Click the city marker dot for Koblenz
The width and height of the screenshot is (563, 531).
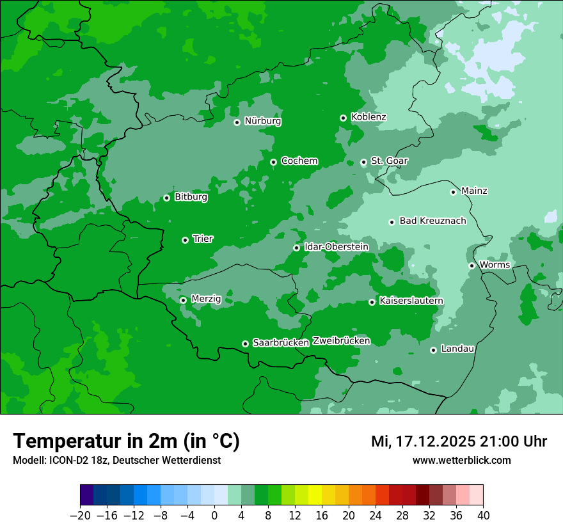[x=343, y=118]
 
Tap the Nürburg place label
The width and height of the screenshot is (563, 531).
[x=262, y=121]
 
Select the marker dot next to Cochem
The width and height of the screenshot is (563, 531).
[x=273, y=162]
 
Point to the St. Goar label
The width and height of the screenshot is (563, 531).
[x=389, y=161]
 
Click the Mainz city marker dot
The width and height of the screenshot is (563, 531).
[x=453, y=192]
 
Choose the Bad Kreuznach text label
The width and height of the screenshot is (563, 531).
[x=432, y=221]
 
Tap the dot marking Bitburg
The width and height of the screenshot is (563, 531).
[x=166, y=198]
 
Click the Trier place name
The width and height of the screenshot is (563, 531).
[x=203, y=239]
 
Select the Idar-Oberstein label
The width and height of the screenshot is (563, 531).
[x=337, y=246]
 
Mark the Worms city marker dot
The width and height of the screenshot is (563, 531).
[x=472, y=265]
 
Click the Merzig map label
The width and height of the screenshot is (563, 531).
[x=206, y=299]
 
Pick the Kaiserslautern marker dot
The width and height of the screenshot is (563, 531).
[x=372, y=302]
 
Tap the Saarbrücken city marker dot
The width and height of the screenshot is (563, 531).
[x=245, y=344]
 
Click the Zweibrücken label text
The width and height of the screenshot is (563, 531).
[x=341, y=341]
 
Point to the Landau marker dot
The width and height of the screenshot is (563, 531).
[x=433, y=350]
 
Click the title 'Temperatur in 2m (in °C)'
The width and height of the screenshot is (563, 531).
[x=126, y=441]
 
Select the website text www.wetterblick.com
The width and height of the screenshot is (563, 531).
[x=461, y=460]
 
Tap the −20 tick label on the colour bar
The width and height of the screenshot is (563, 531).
[x=80, y=516]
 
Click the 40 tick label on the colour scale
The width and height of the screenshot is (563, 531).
[x=483, y=516]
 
